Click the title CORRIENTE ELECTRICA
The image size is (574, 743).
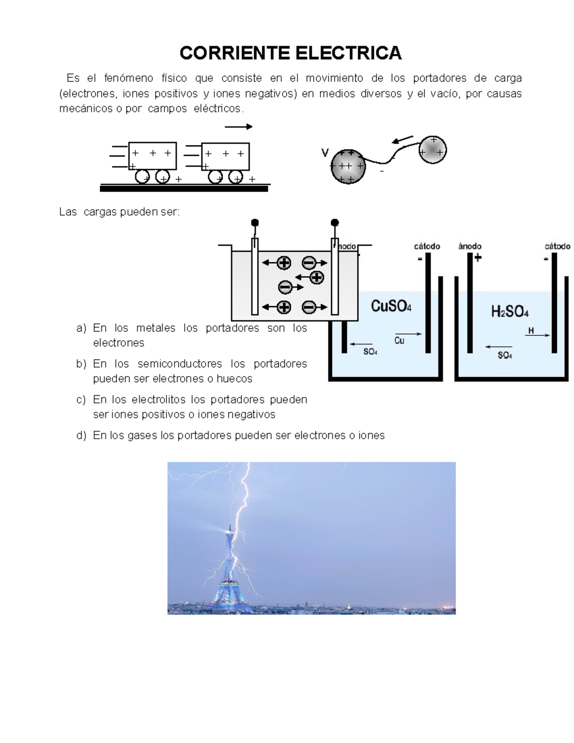click(x=290, y=53)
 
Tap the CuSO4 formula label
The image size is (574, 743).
click(x=391, y=306)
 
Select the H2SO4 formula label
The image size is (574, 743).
click(x=509, y=312)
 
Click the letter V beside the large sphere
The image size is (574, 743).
click(x=325, y=153)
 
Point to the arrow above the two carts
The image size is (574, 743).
click(x=238, y=127)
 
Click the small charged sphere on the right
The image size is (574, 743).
click(x=432, y=150)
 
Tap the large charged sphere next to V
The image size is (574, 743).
click(x=348, y=166)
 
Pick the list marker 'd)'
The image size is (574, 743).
click(x=81, y=435)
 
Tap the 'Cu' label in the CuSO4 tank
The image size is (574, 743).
click(x=399, y=341)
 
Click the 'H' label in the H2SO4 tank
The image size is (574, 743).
click(x=531, y=330)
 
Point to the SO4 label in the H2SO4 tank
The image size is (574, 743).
click(x=505, y=355)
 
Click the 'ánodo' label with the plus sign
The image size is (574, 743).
click(x=470, y=246)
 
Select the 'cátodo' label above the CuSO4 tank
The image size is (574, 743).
click(x=427, y=246)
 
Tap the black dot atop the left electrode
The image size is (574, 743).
click(x=255, y=222)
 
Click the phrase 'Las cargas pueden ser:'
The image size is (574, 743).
click(x=120, y=211)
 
